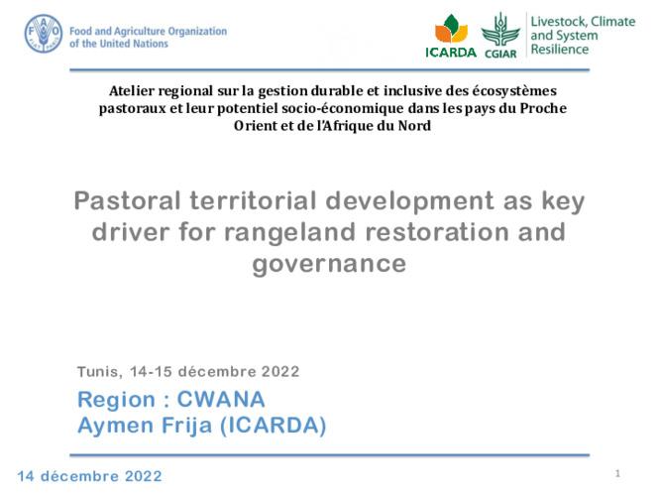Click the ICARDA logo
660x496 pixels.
pyautogui.click(x=450, y=37)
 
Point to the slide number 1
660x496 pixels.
pyautogui.click(x=617, y=472)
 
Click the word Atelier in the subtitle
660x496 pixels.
pyautogui.click(x=132, y=92)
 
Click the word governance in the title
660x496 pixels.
pyautogui.click(x=330, y=264)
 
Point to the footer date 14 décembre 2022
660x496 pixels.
pyautogui.click(x=88, y=476)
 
